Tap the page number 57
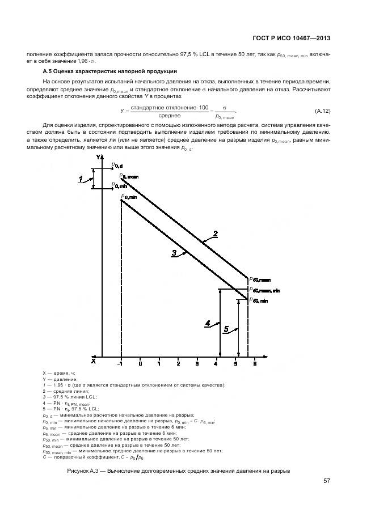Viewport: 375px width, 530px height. [327, 481]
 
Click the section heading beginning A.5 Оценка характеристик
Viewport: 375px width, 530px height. [111, 71]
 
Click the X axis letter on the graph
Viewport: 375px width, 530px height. [94, 360]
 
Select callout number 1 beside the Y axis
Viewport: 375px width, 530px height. [81, 179]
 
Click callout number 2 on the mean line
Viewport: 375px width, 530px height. [216, 233]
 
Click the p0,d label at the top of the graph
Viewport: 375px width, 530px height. [116, 166]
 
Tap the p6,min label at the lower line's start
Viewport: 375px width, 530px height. [130, 197]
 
